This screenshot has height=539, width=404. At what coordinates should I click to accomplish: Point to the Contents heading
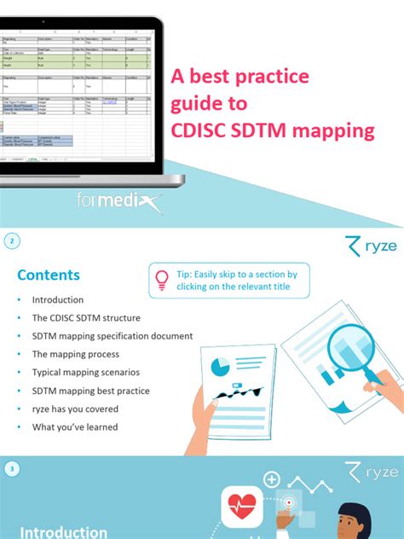click(x=49, y=275)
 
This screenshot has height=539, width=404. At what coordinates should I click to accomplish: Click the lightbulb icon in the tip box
click(x=162, y=279)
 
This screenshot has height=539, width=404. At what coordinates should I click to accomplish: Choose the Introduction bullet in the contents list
click(x=58, y=300)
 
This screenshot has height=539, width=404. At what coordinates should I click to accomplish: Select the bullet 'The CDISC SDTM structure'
click(x=86, y=318)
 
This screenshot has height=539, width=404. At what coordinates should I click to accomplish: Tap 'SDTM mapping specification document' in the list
click(x=113, y=336)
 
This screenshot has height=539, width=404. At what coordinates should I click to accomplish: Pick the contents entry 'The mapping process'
click(x=76, y=354)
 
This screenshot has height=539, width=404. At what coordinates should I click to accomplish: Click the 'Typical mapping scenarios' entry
click(x=86, y=373)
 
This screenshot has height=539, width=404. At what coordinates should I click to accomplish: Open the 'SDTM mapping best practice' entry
click(x=91, y=391)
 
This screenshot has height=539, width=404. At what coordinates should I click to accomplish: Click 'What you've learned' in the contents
click(x=75, y=427)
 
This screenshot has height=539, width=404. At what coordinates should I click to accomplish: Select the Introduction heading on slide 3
click(x=64, y=531)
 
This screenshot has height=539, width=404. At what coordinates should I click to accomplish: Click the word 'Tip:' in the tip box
click(x=186, y=274)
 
